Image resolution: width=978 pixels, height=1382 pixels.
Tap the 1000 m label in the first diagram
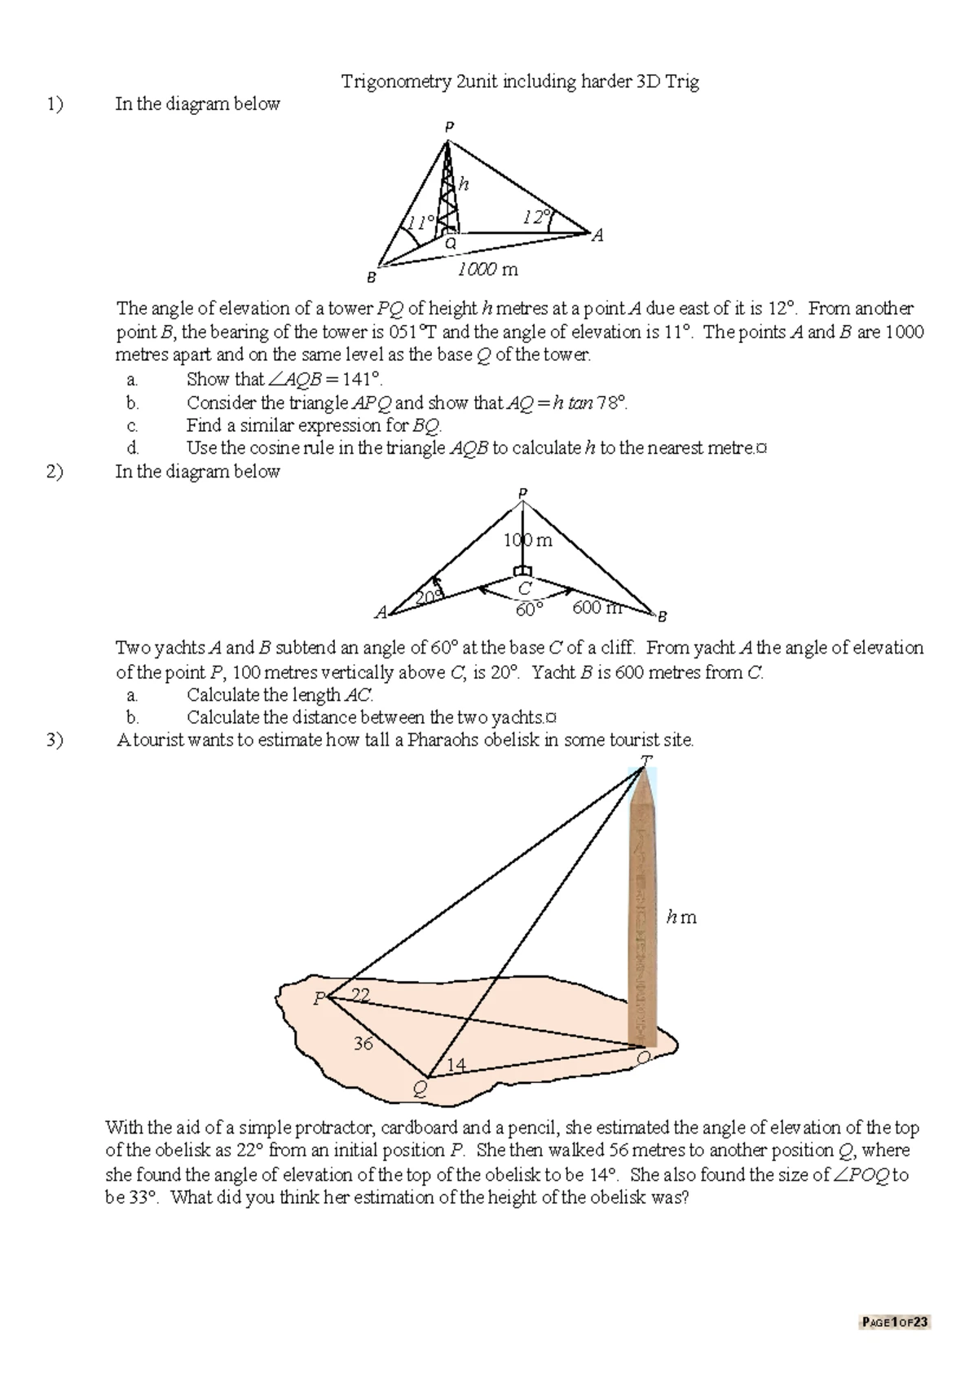pyautogui.click(x=487, y=270)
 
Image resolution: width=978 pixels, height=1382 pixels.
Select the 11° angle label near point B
pyautogui.click(x=421, y=222)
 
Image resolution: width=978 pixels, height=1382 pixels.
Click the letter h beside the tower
pyautogui.click(x=464, y=184)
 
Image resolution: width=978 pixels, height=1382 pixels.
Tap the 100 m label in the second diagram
pyautogui.click(x=527, y=540)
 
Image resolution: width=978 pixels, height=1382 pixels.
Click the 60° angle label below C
pyautogui.click(x=528, y=610)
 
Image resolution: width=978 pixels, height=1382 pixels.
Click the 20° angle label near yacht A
pyautogui.click(x=429, y=597)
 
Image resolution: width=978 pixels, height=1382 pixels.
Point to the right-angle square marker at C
pyautogui.click(x=522, y=570)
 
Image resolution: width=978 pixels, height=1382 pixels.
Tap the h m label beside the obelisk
pyautogui.click(x=681, y=918)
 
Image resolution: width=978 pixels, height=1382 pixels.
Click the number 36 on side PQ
pyautogui.click(x=363, y=1043)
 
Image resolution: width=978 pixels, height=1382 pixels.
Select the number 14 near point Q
pyautogui.click(x=456, y=1064)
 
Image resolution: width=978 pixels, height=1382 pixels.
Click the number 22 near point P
pyautogui.click(x=360, y=994)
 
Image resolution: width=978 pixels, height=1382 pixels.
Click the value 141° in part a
pyautogui.click(x=363, y=379)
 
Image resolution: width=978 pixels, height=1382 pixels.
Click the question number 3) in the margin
pyautogui.click(x=54, y=740)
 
